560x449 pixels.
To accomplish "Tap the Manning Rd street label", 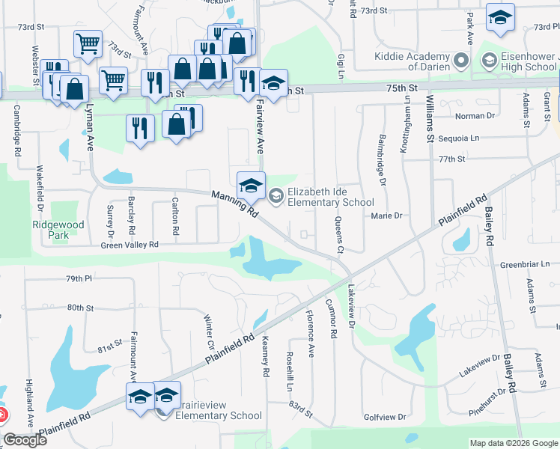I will [235, 204].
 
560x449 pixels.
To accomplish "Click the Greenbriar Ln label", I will [520, 264].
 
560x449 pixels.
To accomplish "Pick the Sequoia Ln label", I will [459, 138].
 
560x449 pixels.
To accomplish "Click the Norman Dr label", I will [475, 116].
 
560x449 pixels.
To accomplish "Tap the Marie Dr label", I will [387, 216].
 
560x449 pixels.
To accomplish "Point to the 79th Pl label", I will [78, 278].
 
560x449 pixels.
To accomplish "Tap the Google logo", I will [25, 440].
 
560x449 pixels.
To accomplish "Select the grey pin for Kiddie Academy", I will [461, 60].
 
